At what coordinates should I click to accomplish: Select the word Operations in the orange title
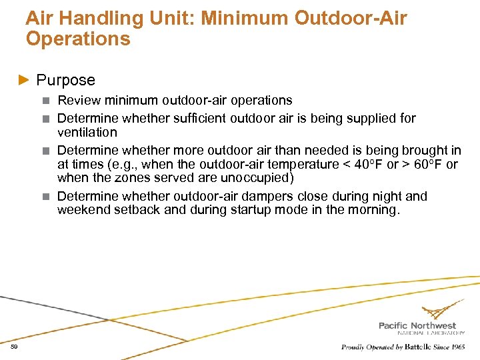(x=78, y=39)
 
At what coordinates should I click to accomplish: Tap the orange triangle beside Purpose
(x=24, y=81)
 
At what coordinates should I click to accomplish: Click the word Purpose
(x=66, y=81)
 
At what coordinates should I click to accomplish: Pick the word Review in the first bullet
(x=77, y=101)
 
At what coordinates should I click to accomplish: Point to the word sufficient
(x=201, y=119)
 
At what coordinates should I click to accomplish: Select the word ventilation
(x=87, y=132)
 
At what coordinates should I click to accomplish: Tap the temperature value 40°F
(x=366, y=164)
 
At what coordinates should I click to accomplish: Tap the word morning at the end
(x=375, y=210)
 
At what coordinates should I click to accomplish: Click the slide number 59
(x=14, y=347)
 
